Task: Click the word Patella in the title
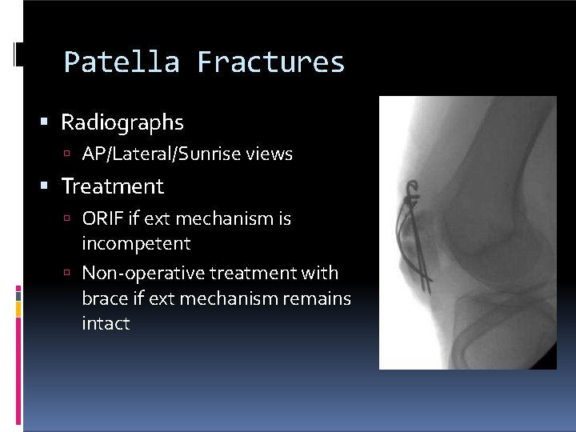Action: tap(122, 62)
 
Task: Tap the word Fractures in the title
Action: tap(270, 62)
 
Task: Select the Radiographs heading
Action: tap(122, 122)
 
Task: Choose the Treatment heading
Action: tap(113, 186)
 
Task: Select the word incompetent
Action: tap(136, 243)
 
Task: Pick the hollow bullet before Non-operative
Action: tap(70, 274)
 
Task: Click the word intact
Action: tap(106, 324)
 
